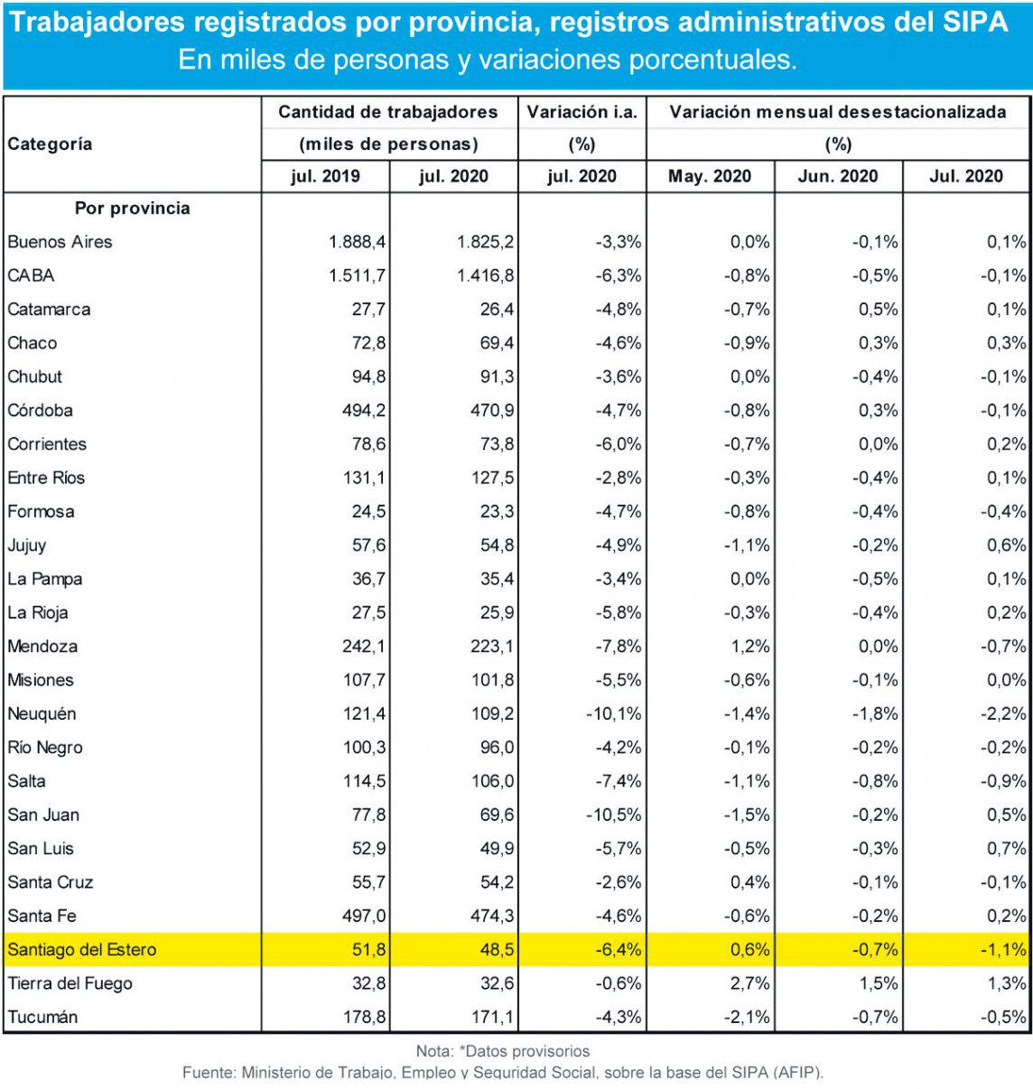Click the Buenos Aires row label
click(x=60, y=242)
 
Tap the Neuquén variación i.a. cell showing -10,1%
click(x=614, y=714)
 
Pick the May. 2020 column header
click(x=710, y=176)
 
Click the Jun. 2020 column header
click(x=838, y=176)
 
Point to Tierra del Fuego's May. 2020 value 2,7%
click(x=749, y=983)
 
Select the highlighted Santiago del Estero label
click(x=82, y=950)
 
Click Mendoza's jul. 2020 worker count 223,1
click(x=492, y=647)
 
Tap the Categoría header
click(x=50, y=144)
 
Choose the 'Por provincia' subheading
click(x=132, y=209)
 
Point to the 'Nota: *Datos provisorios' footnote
click(x=503, y=1051)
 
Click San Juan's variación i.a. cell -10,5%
click(x=614, y=815)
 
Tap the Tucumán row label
click(x=42, y=1018)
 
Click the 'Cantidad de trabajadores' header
click(x=388, y=112)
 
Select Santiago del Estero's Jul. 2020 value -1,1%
click(x=1003, y=950)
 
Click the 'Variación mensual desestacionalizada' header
click(x=838, y=112)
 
